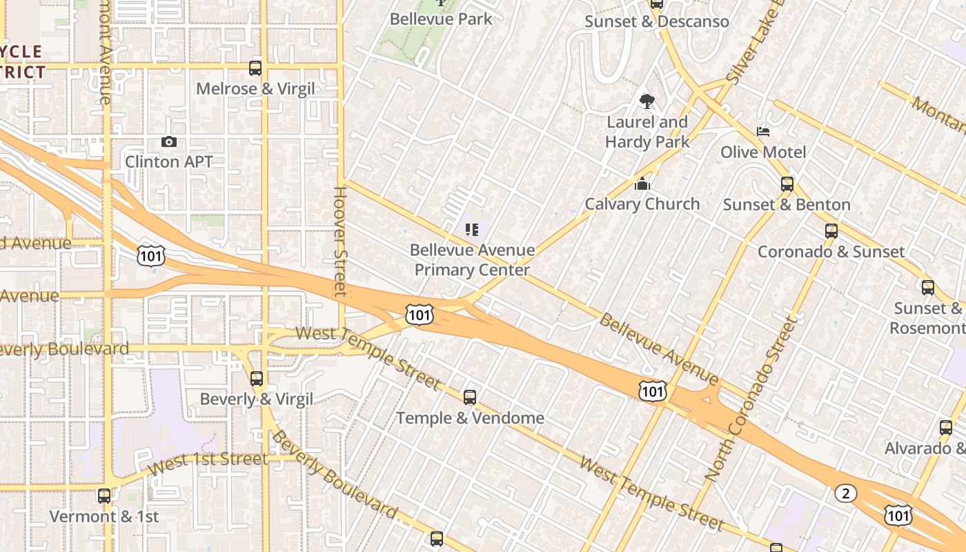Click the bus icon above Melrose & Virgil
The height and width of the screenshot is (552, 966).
255,68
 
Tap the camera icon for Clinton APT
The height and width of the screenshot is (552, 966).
169,141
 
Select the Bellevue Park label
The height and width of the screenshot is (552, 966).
441,19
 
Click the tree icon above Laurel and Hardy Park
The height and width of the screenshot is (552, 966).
647,101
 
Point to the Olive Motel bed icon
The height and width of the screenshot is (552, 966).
763,131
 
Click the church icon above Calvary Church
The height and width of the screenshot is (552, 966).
642,184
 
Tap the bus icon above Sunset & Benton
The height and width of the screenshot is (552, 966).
787,184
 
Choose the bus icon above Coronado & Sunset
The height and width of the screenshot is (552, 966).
831,231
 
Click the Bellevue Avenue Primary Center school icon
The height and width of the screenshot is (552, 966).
472,229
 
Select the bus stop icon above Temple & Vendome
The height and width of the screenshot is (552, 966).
470,397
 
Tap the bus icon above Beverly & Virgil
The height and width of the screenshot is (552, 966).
257,378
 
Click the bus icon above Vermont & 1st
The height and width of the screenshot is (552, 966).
104,495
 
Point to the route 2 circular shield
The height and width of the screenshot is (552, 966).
845,493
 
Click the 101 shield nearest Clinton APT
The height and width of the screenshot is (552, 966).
150,255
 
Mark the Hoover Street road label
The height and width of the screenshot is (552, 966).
339,241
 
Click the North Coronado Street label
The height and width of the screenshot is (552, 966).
751,398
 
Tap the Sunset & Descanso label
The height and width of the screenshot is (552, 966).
656,21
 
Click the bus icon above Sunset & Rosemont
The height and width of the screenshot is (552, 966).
928,288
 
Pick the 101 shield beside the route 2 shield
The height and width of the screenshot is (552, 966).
899,514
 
